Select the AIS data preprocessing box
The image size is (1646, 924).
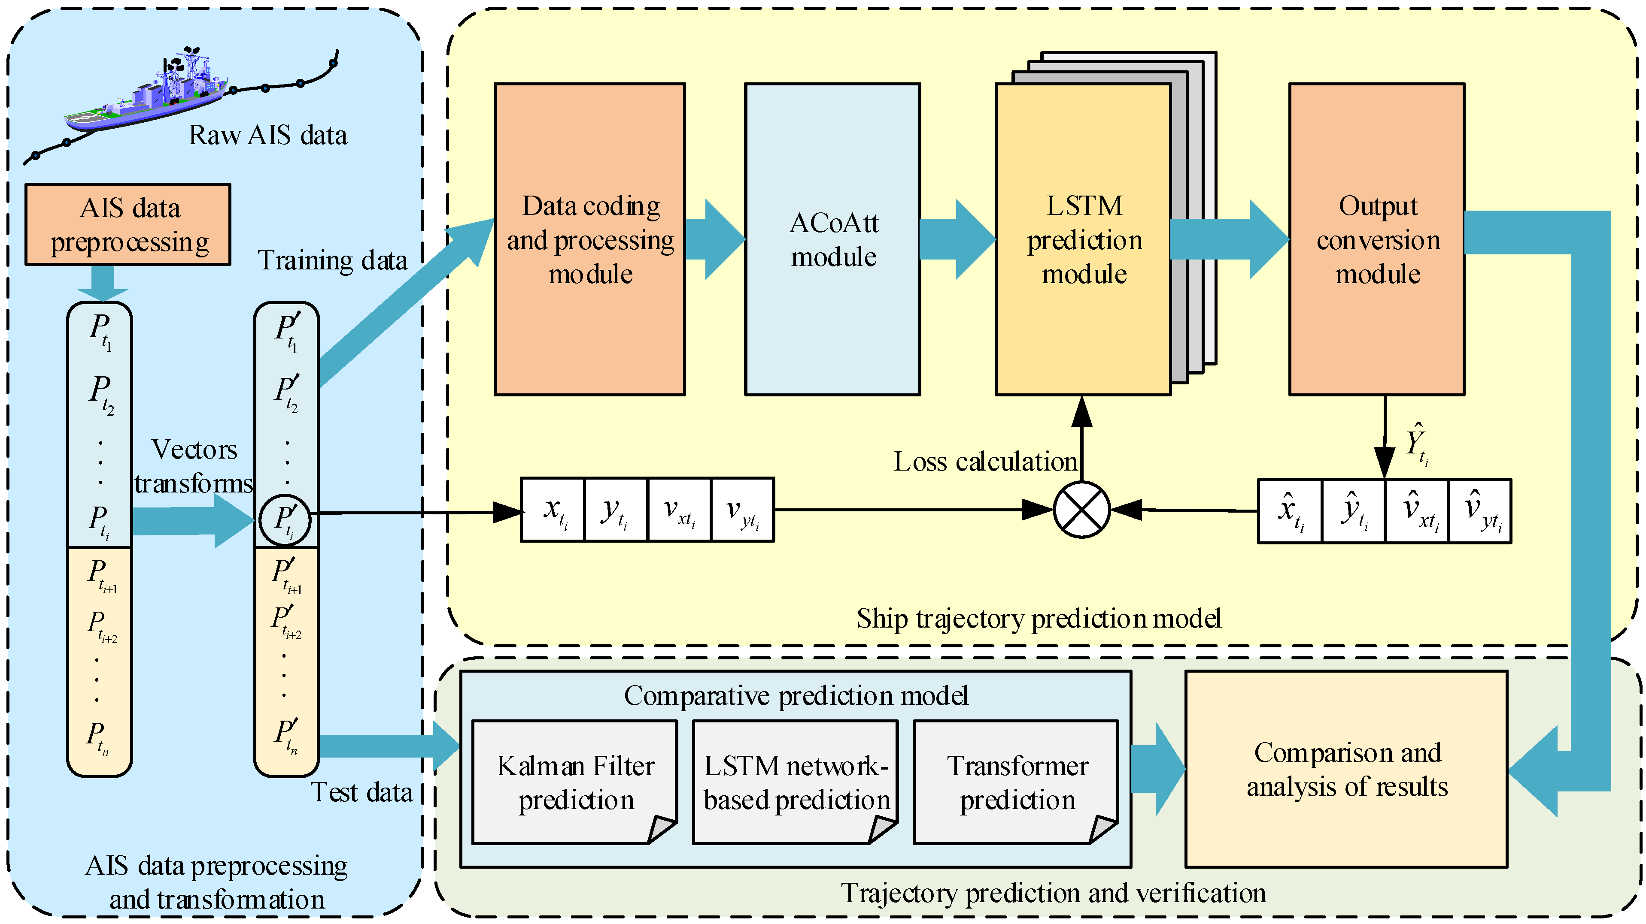click(x=128, y=224)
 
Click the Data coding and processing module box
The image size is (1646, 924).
click(x=590, y=239)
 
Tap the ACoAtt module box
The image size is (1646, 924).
click(x=832, y=239)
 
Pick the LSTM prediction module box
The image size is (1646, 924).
click(x=1083, y=239)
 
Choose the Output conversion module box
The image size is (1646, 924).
click(x=1377, y=239)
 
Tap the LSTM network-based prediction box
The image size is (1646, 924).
click(x=796, y=782)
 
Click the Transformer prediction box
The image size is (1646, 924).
click(x=1016, y=782)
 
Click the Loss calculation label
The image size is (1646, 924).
click(x=985, y=462)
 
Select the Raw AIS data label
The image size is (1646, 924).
click(x=268, y=136)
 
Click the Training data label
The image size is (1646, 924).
click(x=332, y=260)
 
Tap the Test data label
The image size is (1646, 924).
click(x=361, y=792)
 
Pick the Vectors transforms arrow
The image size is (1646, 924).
click(x=192, y=520)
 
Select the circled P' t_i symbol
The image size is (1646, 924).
click(x=285, y=520)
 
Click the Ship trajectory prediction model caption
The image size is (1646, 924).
click(x=1039, y=619)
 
